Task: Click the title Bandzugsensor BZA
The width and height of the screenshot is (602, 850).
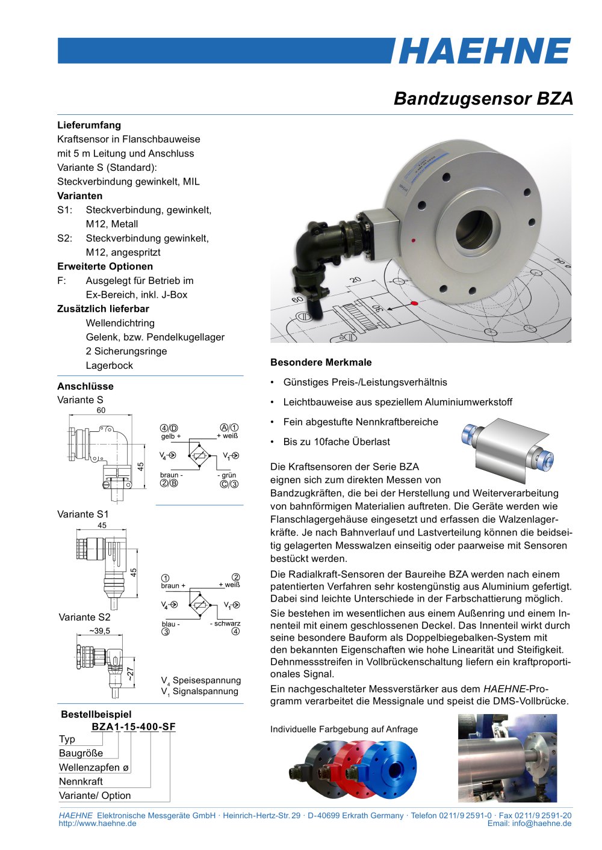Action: point(483,99)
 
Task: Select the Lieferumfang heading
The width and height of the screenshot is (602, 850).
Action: point(89,125)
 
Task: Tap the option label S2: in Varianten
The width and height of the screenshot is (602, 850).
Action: point(64,238)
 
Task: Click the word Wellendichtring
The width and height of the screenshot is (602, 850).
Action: point(120,323)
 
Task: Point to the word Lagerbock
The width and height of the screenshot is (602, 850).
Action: point(109,365)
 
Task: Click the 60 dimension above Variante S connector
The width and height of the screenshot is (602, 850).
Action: point(101,410)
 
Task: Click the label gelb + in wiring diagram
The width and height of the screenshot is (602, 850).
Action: point(170,436)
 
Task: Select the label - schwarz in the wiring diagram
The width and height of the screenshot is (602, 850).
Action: point(225,623)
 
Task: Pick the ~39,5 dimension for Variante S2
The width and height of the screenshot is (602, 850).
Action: point(99,631)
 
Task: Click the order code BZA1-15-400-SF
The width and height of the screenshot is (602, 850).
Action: point(133,727)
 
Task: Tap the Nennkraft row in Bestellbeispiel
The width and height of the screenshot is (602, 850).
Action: point(81,781)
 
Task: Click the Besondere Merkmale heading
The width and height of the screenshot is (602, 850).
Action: point(321,362)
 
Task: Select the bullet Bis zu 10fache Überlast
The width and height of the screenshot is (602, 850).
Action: point(337,442)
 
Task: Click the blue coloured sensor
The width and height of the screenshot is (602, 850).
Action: point(391,768)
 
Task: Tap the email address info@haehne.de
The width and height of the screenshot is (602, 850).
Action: point(529,824)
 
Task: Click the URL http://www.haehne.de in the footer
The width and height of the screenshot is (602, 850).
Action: point(97,824)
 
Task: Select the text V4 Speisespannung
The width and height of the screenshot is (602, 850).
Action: point(200,680)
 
